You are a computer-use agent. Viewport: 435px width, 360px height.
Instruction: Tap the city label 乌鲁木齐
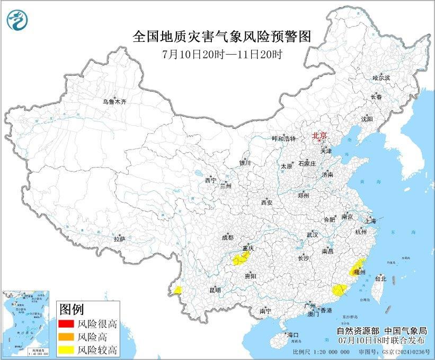click(x=115, y=101)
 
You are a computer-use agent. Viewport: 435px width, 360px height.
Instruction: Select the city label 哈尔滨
click(x=380, y=78)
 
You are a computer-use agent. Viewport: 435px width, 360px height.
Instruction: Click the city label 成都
click(x=228, y=238)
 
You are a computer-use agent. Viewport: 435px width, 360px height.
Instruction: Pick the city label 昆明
click(x=215, y=290)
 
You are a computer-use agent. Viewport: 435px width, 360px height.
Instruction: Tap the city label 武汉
click(x=311, y=234)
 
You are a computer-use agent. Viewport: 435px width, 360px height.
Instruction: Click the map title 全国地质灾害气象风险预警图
click(x=221, y=37)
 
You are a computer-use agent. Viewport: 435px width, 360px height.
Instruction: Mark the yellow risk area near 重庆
click(x=241, y=259)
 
